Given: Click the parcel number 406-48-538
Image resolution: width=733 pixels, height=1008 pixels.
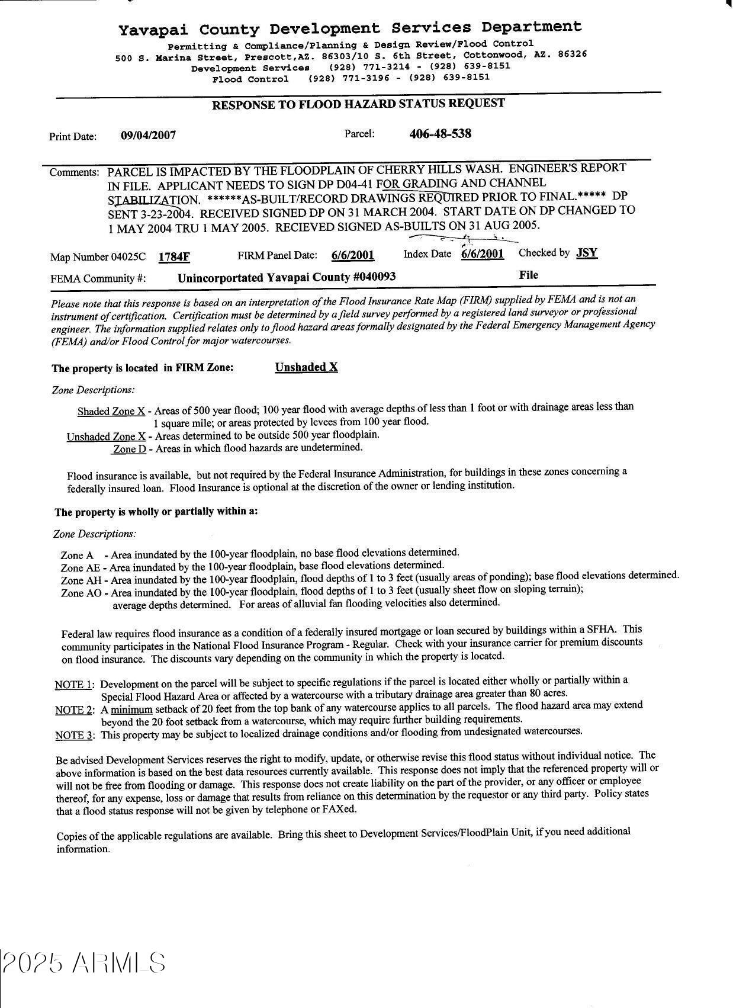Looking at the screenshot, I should [440, 133].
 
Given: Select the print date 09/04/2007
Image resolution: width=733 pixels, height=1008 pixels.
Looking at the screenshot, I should [148, 135].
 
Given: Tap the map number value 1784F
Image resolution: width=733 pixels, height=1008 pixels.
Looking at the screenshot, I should [174, 256].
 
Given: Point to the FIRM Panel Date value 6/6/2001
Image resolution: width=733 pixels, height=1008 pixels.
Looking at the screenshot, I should [353, 255].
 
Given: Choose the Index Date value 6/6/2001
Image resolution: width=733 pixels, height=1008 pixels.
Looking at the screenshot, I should [483, 253].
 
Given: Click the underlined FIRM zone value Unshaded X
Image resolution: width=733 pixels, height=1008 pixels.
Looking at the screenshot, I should [306, 367].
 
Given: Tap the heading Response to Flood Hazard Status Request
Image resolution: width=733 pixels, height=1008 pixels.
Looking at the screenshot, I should [358, 105].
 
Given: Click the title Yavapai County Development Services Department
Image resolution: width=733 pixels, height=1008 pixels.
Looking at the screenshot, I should [350, 28].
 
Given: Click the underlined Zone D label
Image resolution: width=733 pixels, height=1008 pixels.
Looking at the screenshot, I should [130, 449].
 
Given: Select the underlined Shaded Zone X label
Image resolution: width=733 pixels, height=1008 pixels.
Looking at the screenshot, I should [111, 411].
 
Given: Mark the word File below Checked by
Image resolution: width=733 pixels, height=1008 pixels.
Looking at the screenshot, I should [529, 275].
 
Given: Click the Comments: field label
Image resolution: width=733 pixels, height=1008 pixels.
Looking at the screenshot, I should [75, 172].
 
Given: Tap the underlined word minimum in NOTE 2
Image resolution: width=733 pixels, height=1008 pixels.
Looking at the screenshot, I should [131, 710].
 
